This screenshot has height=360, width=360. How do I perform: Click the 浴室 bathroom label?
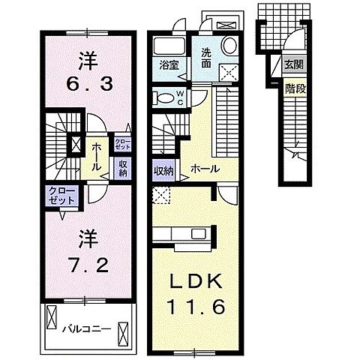(168, 65)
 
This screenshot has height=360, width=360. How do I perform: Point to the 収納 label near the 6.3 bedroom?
(122, 167)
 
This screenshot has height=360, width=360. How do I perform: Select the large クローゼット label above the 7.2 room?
(62, 196)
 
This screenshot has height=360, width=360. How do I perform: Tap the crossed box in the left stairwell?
(75, 143)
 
